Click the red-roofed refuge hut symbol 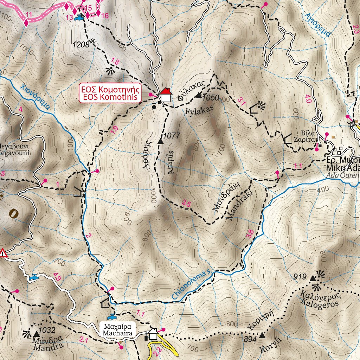[x=165, y=95]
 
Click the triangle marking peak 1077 [x=161, y=142]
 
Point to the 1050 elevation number [x=211, y=97]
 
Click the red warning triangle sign [x=3, y=253]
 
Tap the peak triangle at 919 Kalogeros [x=313, y=279]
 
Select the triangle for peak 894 [x=262, y=336]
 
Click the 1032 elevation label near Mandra [x=48, y=330]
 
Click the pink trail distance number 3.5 [x=186, y=203]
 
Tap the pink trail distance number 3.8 [x=250, y=234]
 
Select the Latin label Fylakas [x=200, y=110]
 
